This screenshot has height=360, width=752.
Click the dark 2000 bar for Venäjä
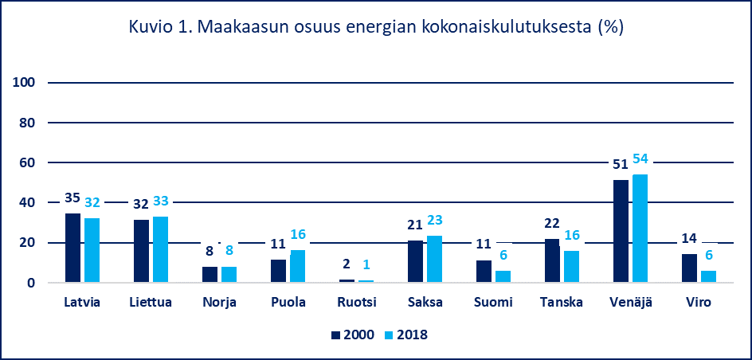point(620,231)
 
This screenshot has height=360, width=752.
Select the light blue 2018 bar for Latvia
point(92,250)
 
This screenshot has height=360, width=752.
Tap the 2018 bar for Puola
point(297,266)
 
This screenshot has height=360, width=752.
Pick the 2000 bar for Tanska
point(551,260)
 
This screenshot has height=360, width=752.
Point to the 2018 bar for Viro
point(708,276)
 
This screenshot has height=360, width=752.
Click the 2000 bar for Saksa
point(415,261)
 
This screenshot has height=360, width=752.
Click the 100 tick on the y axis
point(24,83)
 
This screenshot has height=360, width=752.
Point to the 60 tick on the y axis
point(27,162)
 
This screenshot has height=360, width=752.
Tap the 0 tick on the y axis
point(30,283)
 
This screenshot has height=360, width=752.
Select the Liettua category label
point(151,303)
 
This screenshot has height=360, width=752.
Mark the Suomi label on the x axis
point(493,303)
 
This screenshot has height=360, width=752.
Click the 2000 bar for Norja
point(210,274)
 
